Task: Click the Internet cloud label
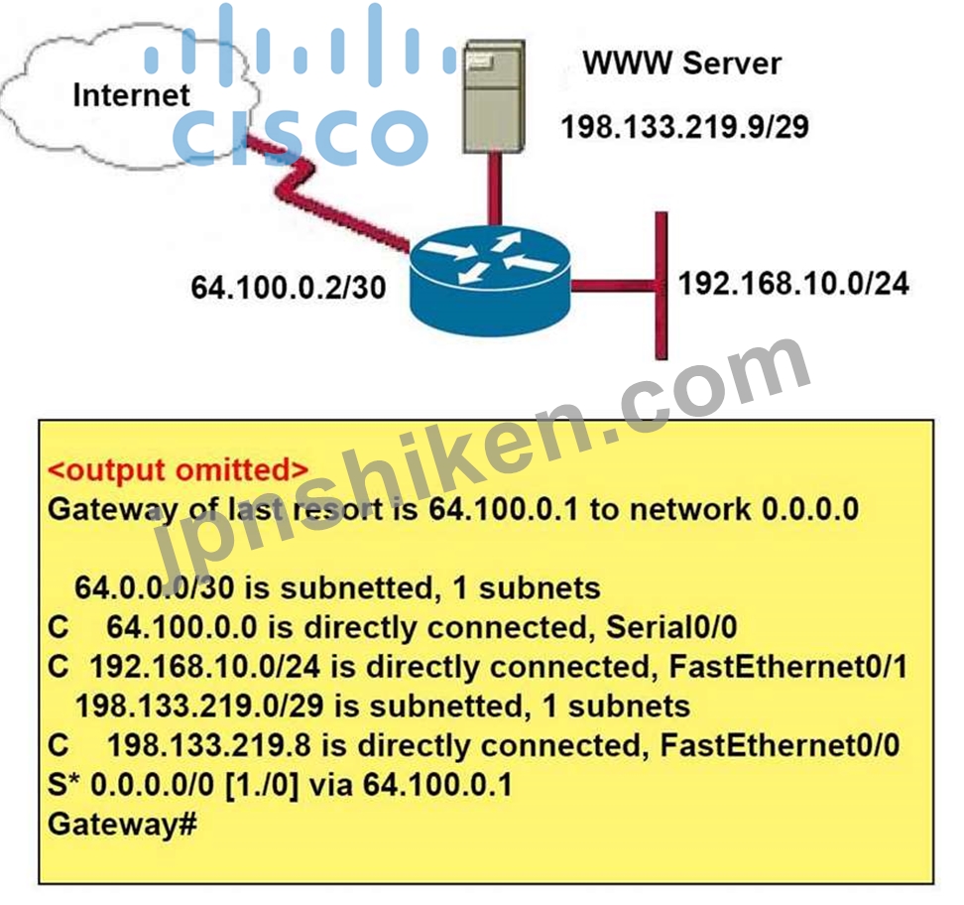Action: point(131,95)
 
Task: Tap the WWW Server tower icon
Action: point(494,96)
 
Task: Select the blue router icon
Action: point(490,280)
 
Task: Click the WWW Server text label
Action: point(681,63)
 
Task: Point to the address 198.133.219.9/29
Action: point(685,127)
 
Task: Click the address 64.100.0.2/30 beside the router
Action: point(289,288)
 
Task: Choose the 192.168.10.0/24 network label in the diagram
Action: point(793,284)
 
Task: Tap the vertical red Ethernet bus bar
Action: point(662,286)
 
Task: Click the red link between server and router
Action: point(494,189)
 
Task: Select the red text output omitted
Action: point(178,470)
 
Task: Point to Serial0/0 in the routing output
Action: point(671,627)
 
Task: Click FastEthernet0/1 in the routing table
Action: point(788,666)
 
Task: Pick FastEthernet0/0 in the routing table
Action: point(780,745)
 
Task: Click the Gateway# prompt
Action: point(122,825)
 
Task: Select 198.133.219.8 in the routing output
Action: point(209,745)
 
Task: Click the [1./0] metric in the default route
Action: point(262,785)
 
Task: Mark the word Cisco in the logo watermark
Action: point(301,137)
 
